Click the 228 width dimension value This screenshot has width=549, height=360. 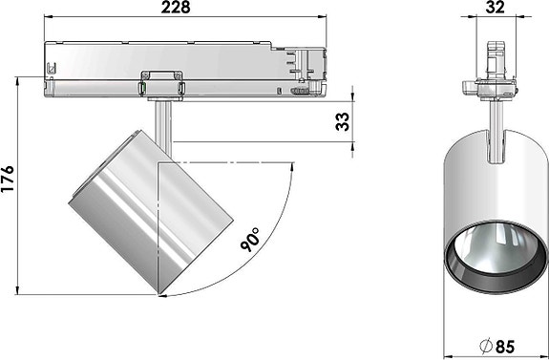click(175, 9)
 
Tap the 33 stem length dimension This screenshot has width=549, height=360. click(342, 121)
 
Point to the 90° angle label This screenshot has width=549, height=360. click(252, 238)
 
